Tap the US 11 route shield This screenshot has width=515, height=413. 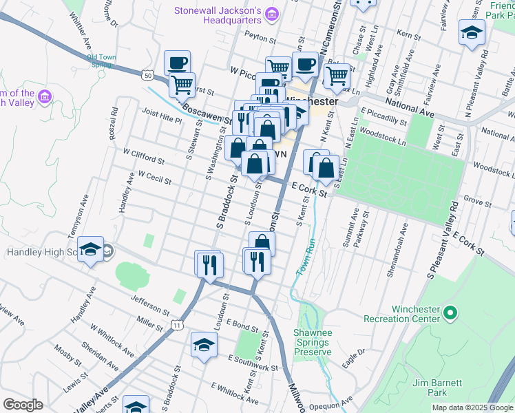point(178,325)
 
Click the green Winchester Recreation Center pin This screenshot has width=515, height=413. point(450,313)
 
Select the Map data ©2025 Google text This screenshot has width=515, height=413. point(472,407)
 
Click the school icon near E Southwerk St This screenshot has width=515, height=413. point(204,345)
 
